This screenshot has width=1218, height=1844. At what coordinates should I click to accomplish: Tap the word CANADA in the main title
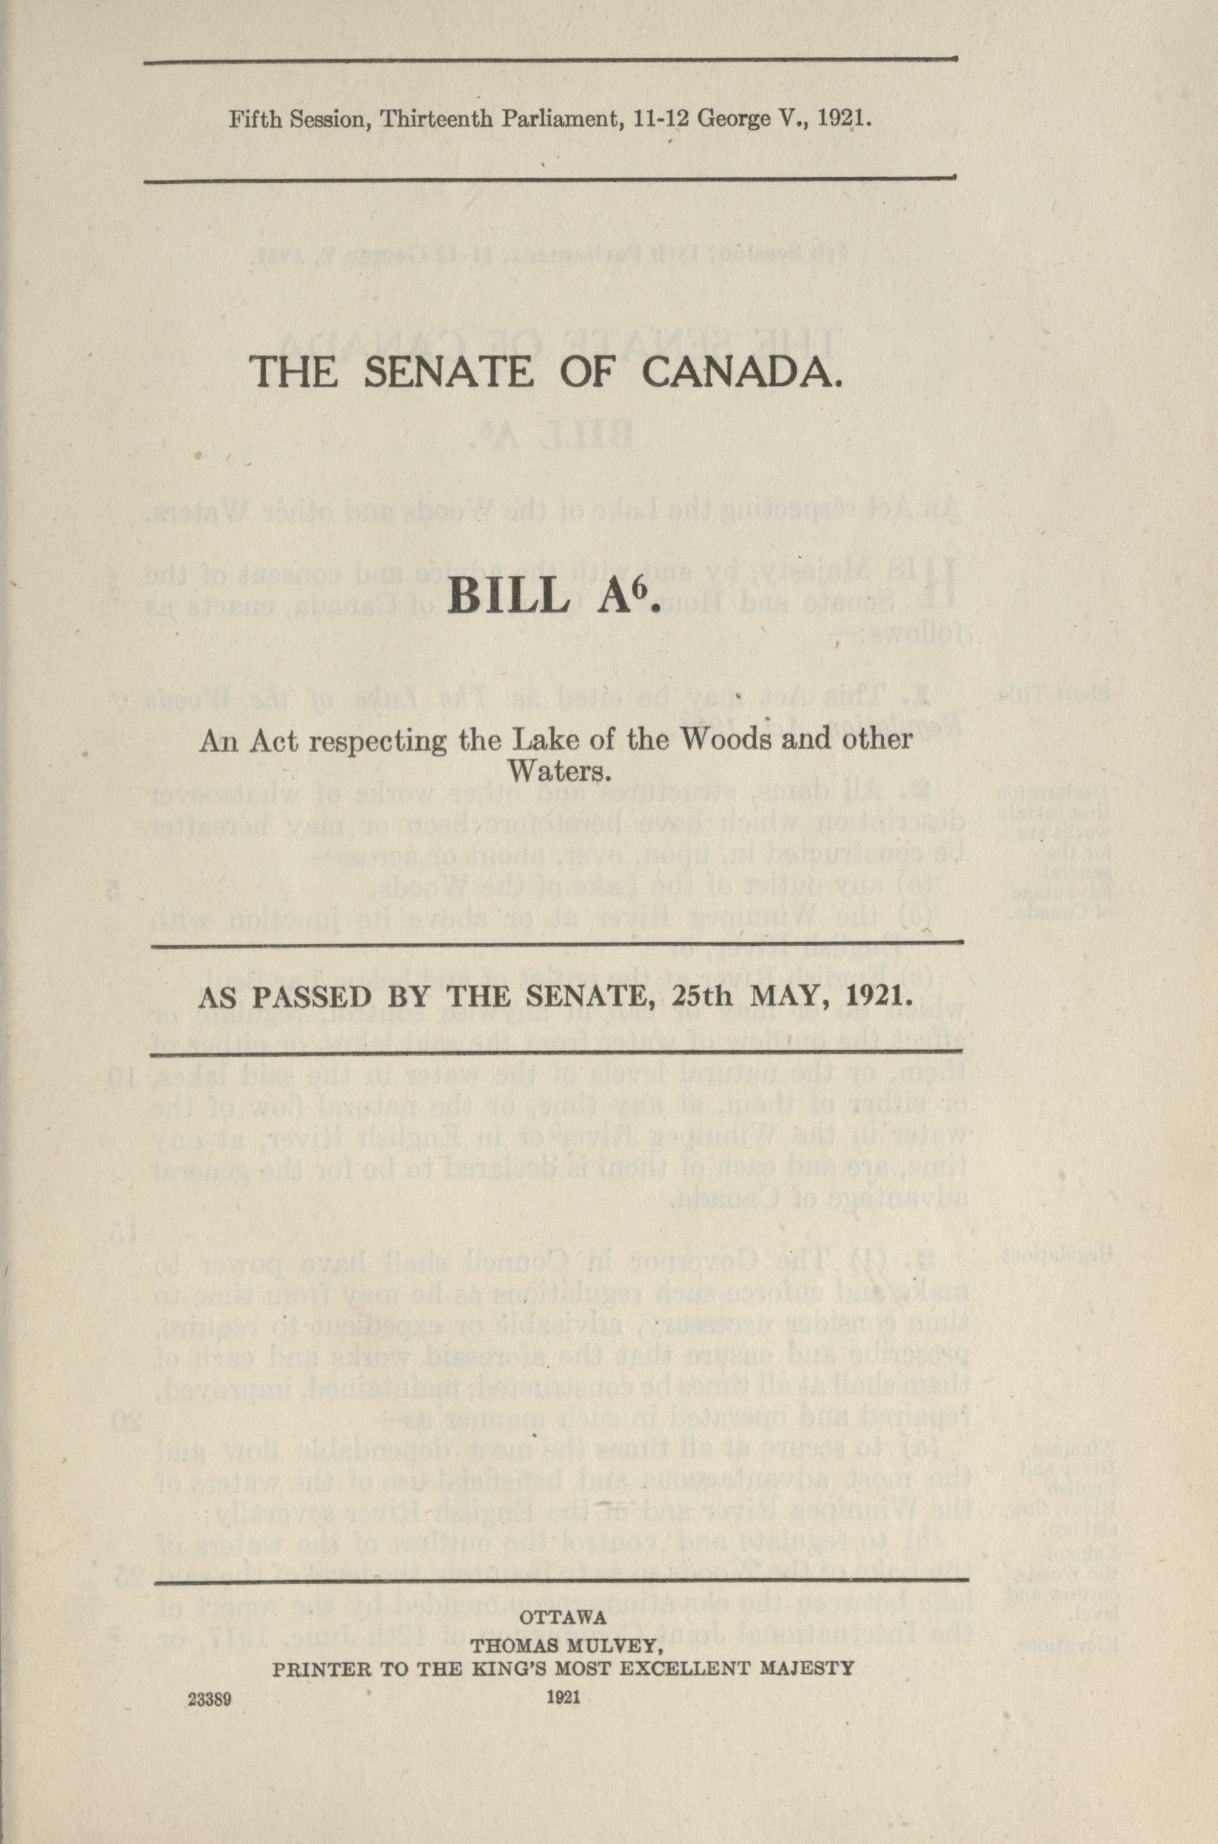tap(742, 374)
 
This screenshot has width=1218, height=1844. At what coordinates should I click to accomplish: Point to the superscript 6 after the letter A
tap(644, 584)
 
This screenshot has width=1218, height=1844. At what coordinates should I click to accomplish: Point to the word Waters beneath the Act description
tap(556, 773)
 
